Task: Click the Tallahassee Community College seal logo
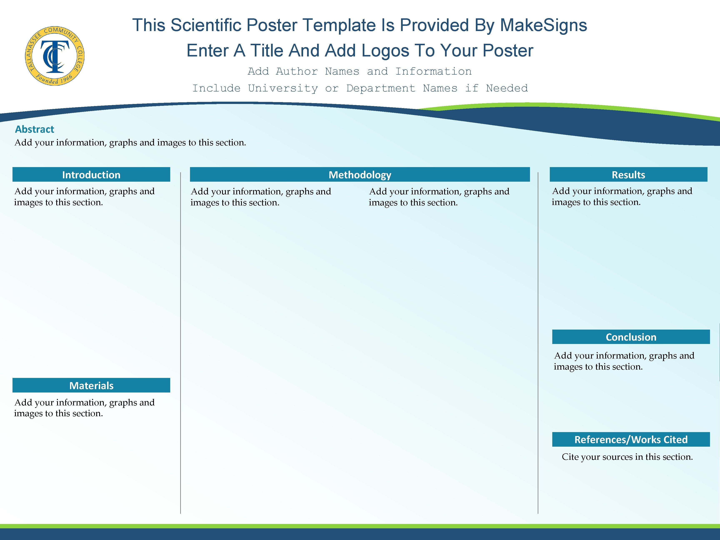coord(55,56)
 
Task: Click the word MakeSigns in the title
coord(543,25)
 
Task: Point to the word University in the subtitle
coord(283,88)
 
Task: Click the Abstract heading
coord(35,129)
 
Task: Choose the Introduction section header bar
coord(91,175)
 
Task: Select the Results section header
coord(628,175)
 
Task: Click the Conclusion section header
coord(631,337)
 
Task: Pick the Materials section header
coord(91,385)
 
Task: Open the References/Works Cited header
coord(631,439)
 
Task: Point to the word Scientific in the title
coord(234,25)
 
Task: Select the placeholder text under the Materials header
coord(84,408)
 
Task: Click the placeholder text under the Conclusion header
coord(624,361)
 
